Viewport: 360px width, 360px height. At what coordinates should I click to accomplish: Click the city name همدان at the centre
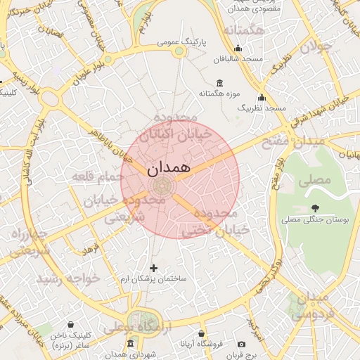click(x=169, y=169)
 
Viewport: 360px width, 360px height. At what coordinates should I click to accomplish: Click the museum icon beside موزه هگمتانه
click(x=220, y=82)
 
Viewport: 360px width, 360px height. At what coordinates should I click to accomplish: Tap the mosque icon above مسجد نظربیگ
click(x=262, y=98)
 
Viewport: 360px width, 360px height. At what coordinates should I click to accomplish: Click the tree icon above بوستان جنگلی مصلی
click(x=314, y=208)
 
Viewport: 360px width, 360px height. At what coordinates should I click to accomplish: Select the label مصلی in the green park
click(x=314, y=179)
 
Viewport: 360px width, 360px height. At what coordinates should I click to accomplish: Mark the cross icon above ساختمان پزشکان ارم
click(x=154, y=267)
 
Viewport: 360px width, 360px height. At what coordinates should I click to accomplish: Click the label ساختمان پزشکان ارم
click(x=153, y=279)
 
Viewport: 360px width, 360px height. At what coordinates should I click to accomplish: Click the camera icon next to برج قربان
click(x=241, y=345)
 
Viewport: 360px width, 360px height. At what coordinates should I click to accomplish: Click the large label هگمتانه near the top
click(x=243, y=32)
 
